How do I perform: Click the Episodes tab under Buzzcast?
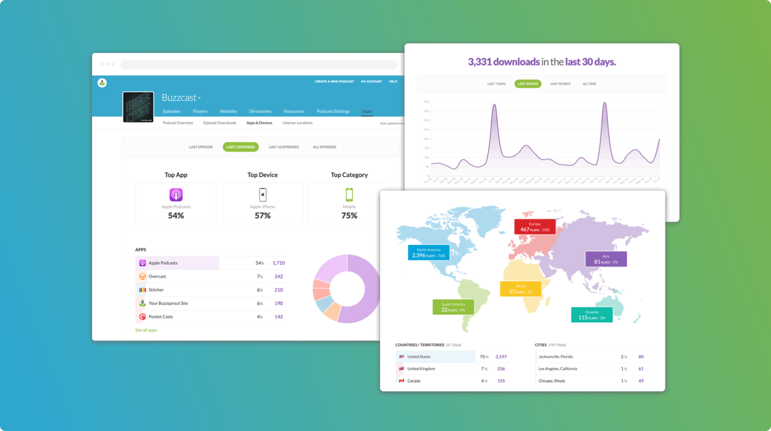click(171, 111)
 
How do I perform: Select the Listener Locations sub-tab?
click(297, 123)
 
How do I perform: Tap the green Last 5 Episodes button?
click(240, 147)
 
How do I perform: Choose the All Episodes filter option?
click(324, 147)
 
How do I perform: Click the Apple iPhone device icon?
click(262, 194)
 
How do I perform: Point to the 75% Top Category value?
click(349, 216)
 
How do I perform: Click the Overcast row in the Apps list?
click(157, 276)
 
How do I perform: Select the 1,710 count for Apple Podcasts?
click(278, 263)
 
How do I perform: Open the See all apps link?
click(146, 330)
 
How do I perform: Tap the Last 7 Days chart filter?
click(496, 84)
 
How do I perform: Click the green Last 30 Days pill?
click(528, 84)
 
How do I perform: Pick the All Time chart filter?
click(589, 84)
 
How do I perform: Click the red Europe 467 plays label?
click(534, 226)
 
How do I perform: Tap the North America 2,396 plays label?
click(428, 253)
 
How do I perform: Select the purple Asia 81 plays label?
click(605, 259)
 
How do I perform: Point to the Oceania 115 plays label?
click(591, 315)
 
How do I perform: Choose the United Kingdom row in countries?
click(421, 369)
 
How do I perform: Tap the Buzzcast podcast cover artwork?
click(138, 107)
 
